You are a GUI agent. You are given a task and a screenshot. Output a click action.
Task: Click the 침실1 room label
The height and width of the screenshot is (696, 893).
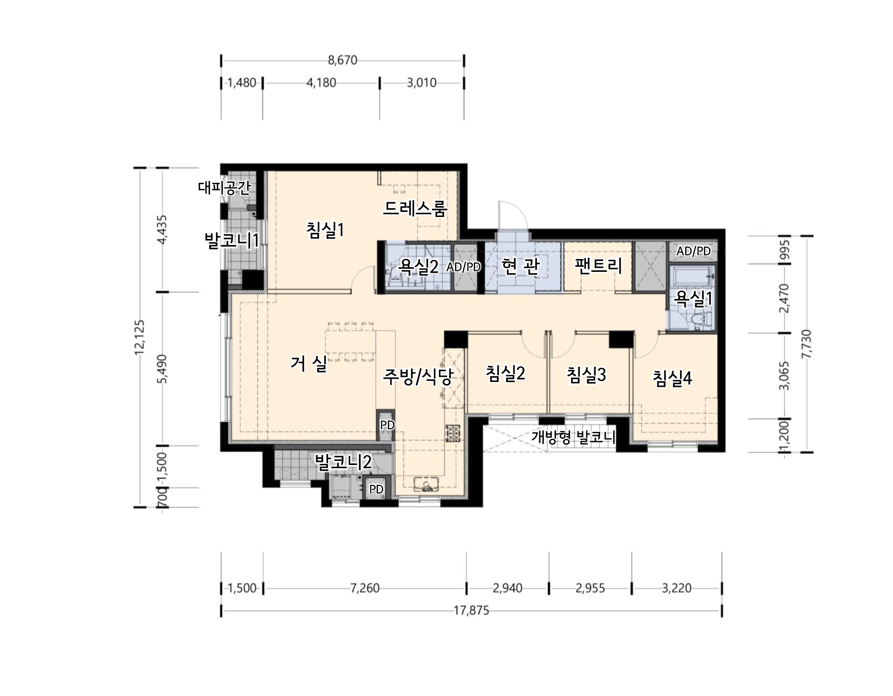tap(325, 230)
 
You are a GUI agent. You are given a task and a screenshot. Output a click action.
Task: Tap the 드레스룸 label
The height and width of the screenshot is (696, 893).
tap(415, 209)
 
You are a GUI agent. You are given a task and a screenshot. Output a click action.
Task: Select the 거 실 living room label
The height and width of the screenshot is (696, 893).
tap(309, 363)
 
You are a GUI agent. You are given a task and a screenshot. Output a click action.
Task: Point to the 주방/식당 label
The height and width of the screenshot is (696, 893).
tap(418, 377)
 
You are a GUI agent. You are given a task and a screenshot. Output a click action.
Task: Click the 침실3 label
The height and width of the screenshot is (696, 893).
tap(586, 374)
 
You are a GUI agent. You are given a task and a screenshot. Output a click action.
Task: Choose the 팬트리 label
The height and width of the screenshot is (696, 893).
tap(598, 266)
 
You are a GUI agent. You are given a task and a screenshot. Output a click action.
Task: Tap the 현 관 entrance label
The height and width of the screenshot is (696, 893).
tap(521, 266)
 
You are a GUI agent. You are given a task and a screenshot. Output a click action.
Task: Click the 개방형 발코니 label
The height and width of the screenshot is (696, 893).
tap(573, 437)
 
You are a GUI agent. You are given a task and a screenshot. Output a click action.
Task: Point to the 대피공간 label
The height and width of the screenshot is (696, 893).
tap(224, 188)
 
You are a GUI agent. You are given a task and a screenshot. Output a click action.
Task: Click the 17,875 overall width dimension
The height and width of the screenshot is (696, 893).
tap(471, 610)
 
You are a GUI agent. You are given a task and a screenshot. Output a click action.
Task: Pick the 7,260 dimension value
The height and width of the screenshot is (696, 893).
tap(365, 588)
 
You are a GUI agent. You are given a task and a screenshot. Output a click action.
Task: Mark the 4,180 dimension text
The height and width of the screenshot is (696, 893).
tap(322, 83)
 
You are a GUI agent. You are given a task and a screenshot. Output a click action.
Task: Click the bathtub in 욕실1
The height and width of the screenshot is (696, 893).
tap(693, 277)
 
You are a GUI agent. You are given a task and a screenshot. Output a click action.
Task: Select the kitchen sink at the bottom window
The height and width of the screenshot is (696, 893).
tap(426, 485)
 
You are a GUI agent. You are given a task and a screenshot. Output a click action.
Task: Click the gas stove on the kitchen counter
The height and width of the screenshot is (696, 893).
tap(453, 433)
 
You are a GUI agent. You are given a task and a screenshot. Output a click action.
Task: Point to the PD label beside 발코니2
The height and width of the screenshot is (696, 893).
tap(376, 489)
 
